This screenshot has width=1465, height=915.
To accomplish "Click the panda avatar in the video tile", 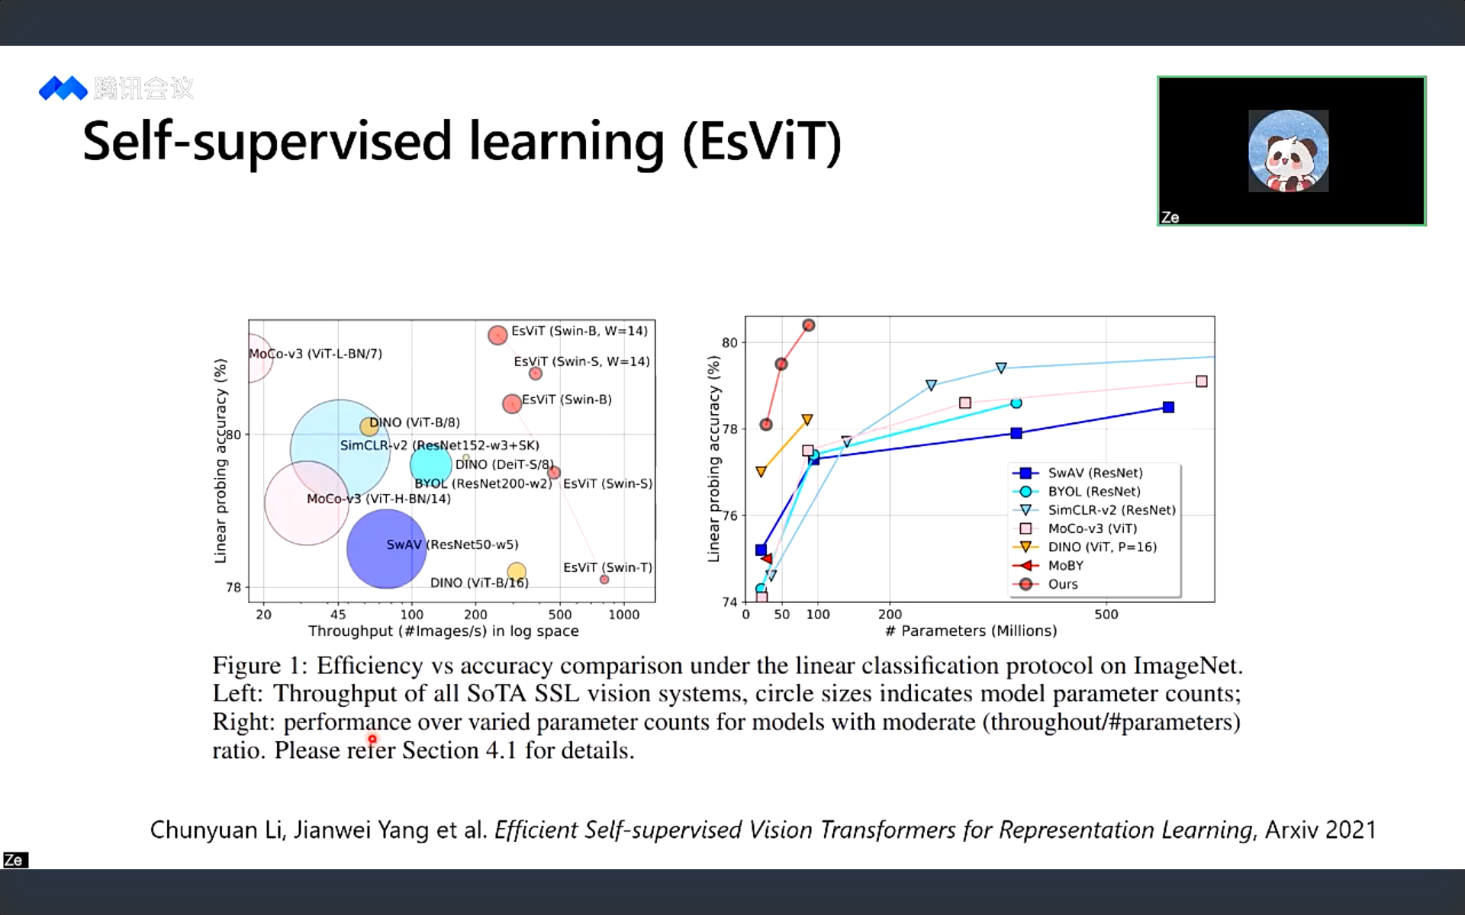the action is [x=1288, y=151].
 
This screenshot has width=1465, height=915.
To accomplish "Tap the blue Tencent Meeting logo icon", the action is [x=63, y=88].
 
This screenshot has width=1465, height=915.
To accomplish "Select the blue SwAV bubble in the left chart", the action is [x=386, y=548].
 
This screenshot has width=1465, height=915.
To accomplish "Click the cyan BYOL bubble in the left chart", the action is [x=430, y=464].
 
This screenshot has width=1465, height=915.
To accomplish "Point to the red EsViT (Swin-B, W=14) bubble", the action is [x=497, y=335].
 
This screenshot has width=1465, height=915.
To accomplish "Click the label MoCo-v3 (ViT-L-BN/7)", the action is [x=316, y=354].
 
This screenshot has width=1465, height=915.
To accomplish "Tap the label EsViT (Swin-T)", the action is [x=608, y=567].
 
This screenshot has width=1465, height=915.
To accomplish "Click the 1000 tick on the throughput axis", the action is [x=623, y=615].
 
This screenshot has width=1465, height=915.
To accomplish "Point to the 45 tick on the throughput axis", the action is [x=338, y=615].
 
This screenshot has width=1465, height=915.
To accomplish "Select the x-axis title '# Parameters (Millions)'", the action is [x=971, y=631].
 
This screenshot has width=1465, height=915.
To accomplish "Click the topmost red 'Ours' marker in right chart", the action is [x=809, y=326].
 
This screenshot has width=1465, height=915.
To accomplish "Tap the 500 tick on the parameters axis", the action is [x=1106, y=615].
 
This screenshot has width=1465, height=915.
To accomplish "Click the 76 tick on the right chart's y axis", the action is [x=730, y=516].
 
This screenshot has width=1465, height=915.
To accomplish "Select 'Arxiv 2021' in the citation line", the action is [x=1321, y=830].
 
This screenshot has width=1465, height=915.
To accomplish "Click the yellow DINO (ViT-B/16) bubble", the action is [x=517, y=571].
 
